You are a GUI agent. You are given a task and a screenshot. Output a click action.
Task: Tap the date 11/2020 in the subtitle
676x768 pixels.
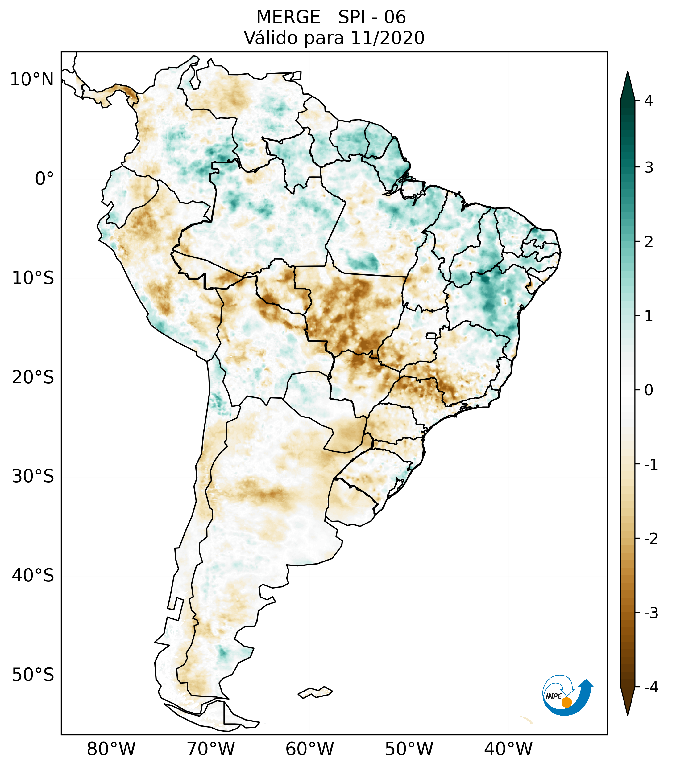388,38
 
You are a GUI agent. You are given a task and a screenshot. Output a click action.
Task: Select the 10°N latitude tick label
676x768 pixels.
31,80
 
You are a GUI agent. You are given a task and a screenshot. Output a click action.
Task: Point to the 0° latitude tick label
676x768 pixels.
44,179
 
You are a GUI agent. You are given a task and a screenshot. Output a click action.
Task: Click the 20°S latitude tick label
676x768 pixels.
33,377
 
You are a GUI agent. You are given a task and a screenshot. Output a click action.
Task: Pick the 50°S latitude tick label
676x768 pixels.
33,675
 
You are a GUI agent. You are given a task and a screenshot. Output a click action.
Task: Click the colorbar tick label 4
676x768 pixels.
649,101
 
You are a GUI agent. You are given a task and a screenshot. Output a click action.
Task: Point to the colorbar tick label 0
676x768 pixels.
649,390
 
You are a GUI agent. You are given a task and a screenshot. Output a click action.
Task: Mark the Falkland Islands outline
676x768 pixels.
315,692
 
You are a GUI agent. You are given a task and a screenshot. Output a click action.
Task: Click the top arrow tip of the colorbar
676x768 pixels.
628,72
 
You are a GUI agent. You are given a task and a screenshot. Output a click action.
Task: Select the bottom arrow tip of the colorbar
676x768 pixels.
628,714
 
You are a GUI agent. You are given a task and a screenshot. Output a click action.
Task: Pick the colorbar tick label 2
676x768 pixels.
649,242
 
